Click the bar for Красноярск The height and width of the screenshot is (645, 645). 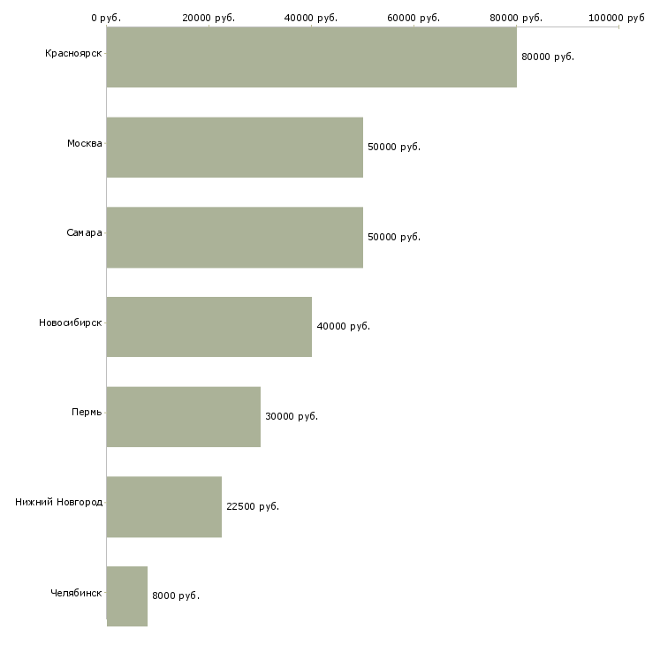(311, 57)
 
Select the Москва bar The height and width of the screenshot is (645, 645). (234, 147)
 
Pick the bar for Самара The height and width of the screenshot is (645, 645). (234, 237)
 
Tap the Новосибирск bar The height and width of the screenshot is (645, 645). (209, 327)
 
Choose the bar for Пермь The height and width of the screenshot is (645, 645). (183, 416)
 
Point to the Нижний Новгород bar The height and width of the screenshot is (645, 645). (163, 506)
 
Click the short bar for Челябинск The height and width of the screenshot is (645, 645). (126, 596)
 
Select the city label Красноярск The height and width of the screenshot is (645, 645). (73, 54)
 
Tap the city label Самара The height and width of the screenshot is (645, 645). (84, 233)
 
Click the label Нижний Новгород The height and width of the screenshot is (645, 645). (58, 503)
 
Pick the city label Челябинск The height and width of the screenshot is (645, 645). (76, 593)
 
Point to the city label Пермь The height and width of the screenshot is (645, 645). (87, 413)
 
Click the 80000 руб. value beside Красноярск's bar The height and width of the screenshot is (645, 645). (548, 57)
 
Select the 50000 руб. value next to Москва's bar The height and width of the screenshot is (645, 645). (394, 147)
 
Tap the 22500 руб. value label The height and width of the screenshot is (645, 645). (253, 506)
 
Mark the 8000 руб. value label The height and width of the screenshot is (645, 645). (176, 596)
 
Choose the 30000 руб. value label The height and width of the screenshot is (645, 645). (292, 416)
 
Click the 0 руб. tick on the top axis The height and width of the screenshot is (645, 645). (106, 18)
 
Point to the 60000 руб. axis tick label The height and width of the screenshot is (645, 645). (414, 18)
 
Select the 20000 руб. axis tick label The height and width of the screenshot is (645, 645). (209, 18)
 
